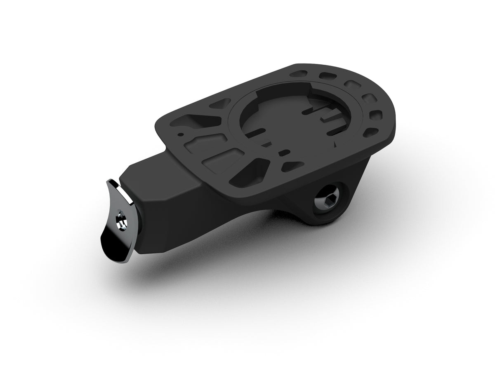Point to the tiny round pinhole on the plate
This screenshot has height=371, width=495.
click(180, 134)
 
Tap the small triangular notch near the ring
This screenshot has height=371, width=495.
click(337, 144)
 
